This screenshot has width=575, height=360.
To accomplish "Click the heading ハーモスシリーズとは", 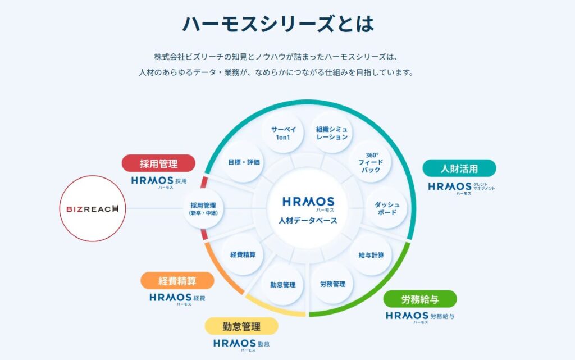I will click(277, 24).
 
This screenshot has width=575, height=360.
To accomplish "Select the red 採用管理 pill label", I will click(159, 163).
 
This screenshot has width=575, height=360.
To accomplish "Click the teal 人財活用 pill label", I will click(459, 168).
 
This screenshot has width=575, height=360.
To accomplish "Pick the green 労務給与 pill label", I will click(420, 299).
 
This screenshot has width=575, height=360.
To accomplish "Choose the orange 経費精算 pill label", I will click(177, 280).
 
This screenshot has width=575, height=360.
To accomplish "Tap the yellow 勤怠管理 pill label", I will click(241, 326).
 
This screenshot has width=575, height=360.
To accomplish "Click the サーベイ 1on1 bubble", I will click(284, 133).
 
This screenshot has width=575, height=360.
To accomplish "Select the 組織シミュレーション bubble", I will click(332, 133).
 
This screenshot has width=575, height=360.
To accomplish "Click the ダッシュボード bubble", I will click(387, 208).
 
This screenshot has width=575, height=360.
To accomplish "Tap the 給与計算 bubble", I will click(371, 255).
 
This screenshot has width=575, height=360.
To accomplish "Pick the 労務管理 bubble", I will click(332, 284).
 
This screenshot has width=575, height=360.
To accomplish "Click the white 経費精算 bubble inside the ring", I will click(243, 254).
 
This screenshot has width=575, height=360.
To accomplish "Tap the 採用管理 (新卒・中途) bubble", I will click(203, 209).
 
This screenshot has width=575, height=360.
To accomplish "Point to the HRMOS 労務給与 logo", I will click(420, 317).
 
